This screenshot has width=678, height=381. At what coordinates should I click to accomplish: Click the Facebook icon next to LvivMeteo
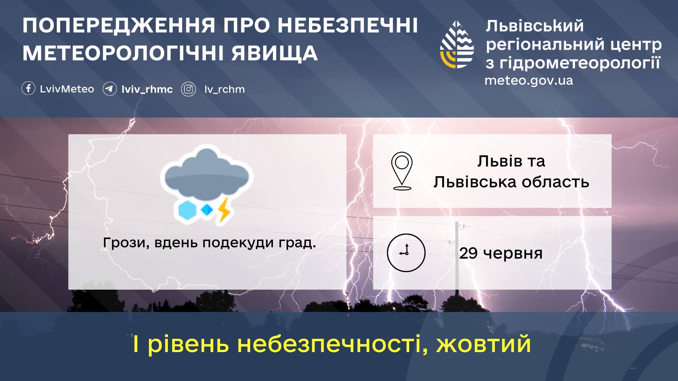tap(28, 89)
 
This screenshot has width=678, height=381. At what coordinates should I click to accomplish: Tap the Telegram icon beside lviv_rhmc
tap(109, 89)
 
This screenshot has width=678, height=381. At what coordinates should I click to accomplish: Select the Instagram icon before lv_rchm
tap(189, 89)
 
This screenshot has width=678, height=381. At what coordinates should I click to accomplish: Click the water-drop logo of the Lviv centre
tap(457, 44)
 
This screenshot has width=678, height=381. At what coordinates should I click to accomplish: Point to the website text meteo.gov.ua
tap(529, 81)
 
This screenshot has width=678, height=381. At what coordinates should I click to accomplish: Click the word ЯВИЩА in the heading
tap(275, 53)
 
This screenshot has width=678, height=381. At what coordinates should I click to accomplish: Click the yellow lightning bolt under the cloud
tap(224, 210)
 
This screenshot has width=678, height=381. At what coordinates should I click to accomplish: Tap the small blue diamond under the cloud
tap(207, 210)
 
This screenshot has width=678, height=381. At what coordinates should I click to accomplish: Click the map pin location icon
tap(402, 171)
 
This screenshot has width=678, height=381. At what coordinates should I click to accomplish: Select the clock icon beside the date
tap(406, 253)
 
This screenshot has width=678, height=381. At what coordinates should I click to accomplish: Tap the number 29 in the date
tap(468, 253)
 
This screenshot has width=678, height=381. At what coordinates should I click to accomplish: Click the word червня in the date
tap(512, 254)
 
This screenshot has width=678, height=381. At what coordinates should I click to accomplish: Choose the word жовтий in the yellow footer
tap(483, 344)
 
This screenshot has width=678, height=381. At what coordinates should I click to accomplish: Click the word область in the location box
tap(555, 182)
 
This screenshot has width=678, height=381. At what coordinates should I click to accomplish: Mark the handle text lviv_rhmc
tap(147, 89)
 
